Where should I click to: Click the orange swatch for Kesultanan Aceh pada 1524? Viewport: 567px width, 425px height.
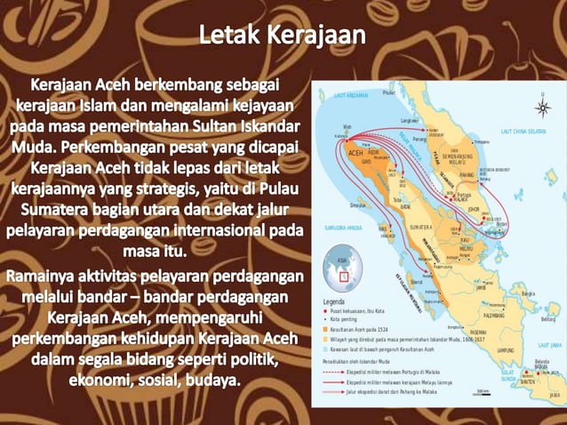(325, 328)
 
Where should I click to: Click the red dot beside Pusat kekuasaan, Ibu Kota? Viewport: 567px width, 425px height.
(326, 311)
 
